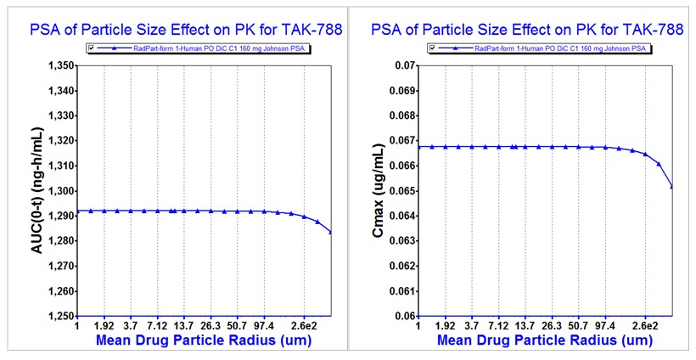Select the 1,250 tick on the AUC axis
click(x=57, y=316)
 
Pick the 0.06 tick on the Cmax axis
click(x=401, y=316)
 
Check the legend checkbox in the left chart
click(x=87, y=49)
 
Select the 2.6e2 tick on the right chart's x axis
click(x=644, y=325)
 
